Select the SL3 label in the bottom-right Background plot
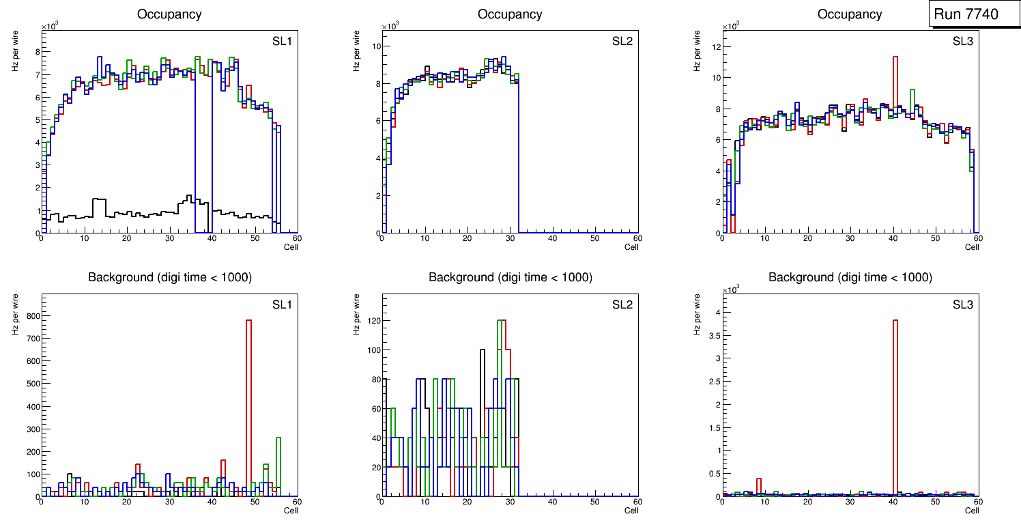[962, 304]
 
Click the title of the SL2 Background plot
[510, 277]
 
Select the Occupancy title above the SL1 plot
[169, 14]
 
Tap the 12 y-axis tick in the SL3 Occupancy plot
[716, 47]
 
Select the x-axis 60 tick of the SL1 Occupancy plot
[296, 238]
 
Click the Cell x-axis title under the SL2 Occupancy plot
[631, 247]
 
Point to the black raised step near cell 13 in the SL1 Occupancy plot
[99, 199]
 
